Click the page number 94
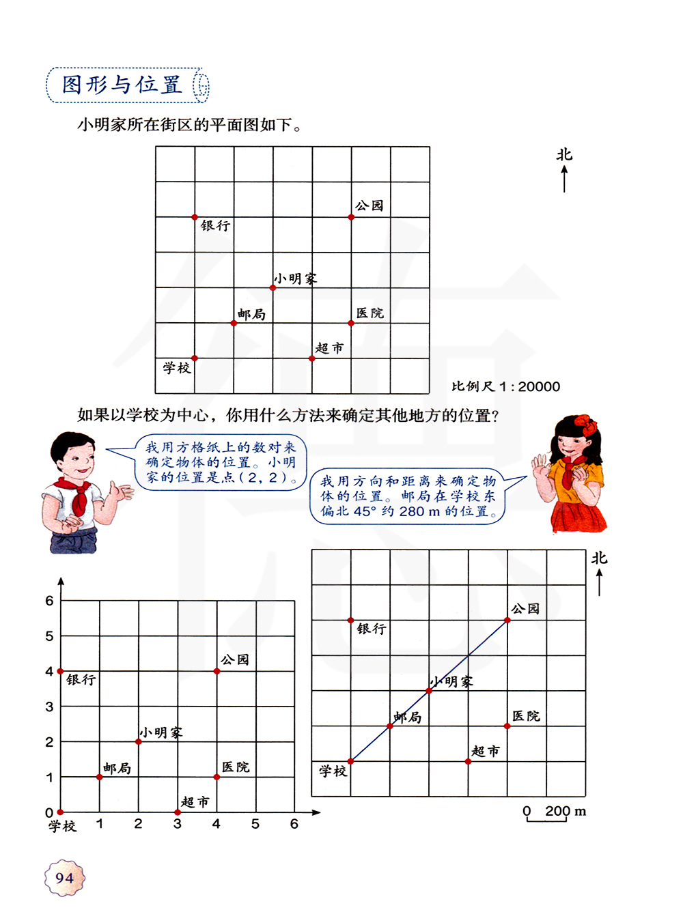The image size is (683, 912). click(x=64, y=878)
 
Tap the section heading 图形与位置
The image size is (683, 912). click(x=122, y=85)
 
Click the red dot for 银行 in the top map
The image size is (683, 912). click(x=195, y=217)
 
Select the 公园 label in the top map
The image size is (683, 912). click(x=370, y=205)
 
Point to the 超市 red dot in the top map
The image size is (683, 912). click(x=312, y=358)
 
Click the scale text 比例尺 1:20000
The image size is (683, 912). click(x=505, y=386)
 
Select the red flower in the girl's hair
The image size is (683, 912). click(x=586, y=425)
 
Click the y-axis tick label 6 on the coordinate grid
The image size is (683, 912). click(x=49, y=601)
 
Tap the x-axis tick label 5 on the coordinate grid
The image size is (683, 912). click(x=255, y=824)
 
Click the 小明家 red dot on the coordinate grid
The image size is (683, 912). click(x=139, y=742)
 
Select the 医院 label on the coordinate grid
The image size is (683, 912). click(x=236, y=767)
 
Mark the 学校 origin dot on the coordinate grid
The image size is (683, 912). click(x=61, y=812)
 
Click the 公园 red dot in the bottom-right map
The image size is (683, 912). click(x=507, y=621)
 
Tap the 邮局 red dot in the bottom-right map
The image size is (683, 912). click(x=390, y=726)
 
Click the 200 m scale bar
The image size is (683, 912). click(x=546, y=818)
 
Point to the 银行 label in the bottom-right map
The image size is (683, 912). click(x=372, y=629)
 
